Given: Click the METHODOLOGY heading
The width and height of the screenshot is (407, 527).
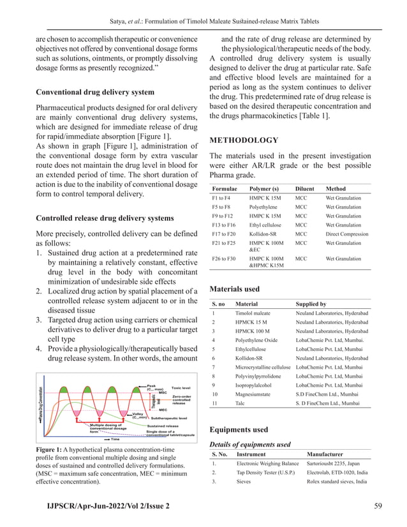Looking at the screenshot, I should point(244,140).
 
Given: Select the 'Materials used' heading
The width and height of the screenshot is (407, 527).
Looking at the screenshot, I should point(234,289).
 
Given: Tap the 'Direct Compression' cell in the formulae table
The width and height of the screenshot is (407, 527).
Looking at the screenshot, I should point(346,234).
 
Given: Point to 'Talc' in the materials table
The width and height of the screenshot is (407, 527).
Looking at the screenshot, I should point(241,403).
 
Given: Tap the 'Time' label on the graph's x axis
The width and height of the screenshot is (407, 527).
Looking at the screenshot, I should point(115,439).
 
